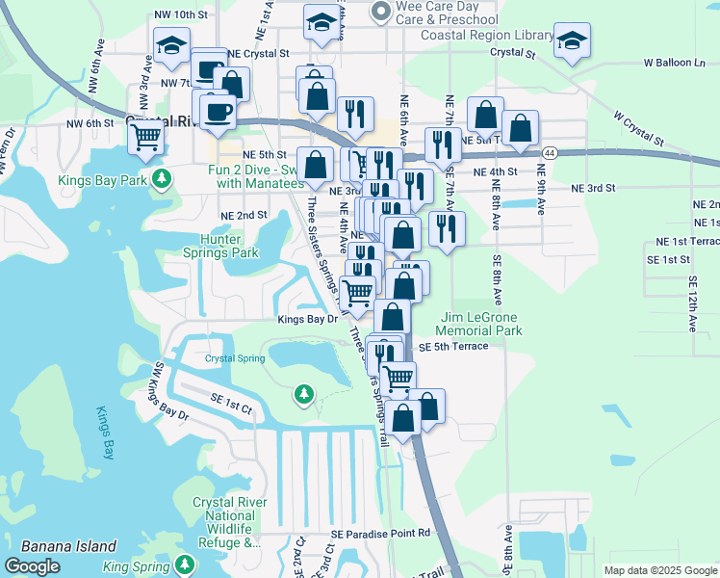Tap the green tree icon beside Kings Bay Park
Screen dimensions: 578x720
point(164,178)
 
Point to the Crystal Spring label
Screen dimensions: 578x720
point(234,358)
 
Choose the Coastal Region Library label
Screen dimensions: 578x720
point(488,35)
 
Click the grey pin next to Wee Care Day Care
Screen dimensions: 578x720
point(380,12)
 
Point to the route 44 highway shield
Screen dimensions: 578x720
point(549,152)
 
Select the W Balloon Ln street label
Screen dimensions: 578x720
point(675,63)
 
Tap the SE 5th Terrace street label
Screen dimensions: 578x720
point(453,346)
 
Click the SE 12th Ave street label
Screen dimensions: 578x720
point(692,303)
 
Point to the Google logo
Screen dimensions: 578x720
point(33,566)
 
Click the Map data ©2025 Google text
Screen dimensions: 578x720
point(659,570)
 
